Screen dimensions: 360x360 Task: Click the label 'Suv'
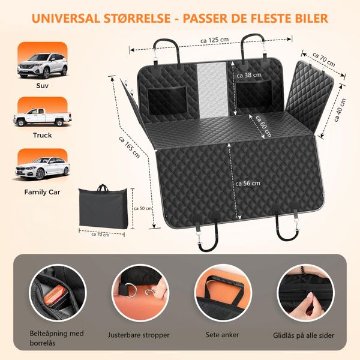click(43, 86)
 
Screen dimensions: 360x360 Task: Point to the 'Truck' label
click(43, 135)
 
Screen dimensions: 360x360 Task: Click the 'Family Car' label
click(42, 192)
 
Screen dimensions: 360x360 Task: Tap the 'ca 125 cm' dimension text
click(215, 40)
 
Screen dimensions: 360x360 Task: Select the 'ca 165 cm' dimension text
click(129, 147)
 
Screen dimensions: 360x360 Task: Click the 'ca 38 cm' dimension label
click(249, 75)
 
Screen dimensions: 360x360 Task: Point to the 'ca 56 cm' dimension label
click(248, 184)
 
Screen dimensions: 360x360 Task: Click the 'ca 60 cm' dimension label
click(263, 126)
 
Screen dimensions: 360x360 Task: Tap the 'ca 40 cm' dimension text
click(340, 110)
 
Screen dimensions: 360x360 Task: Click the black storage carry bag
click(103, 207)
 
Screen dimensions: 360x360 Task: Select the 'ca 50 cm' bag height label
click(143, 208)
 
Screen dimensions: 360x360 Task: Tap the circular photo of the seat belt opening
click(58, 293)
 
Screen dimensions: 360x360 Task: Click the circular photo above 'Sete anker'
click(223, 293)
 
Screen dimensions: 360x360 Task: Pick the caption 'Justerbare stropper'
click(139, 335)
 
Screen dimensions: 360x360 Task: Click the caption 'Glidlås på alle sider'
click(304, 335)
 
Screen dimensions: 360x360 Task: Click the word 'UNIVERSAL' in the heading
click(66, 19)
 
